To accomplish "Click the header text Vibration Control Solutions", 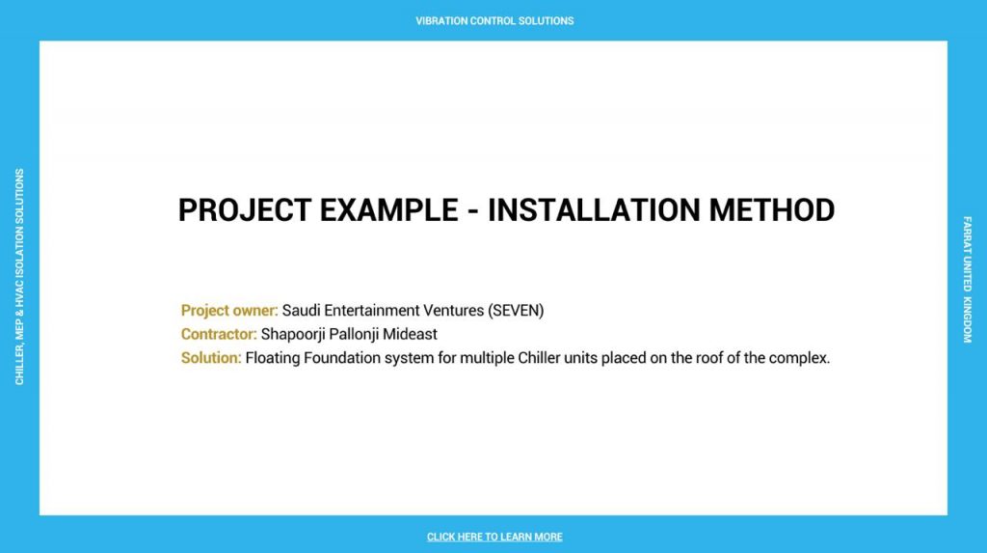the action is (494, 21).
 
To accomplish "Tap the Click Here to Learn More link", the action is (494, 537).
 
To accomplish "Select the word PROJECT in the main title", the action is (245, 210).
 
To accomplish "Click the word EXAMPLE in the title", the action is (389, 210).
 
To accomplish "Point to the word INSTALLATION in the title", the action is (594, 210).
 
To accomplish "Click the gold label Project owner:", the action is (229, 310).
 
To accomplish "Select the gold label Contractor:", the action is (219, 334).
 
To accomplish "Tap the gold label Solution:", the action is (211, 357).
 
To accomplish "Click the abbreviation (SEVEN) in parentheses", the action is (516, 310).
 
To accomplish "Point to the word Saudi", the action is (301, 310).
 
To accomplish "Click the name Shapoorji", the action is (293, 334).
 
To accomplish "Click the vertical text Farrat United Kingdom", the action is (967, 279).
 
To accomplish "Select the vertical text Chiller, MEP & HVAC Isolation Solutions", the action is (19, 276).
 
